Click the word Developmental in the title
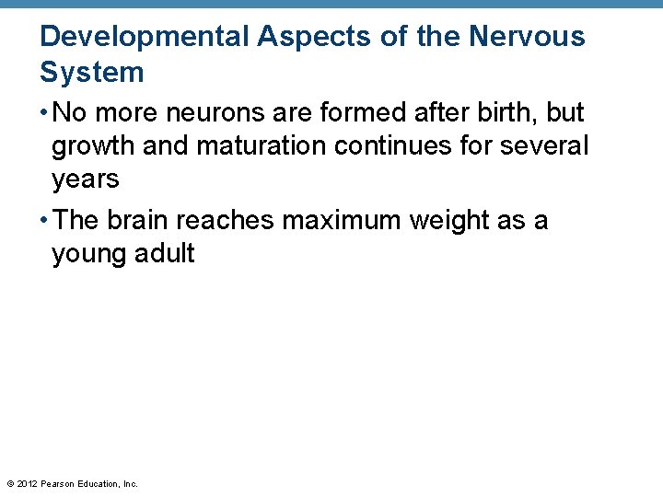[144, 37]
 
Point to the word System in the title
[92, 73]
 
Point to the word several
[543, 145]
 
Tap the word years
[86, 180]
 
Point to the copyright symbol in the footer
[9, 483]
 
